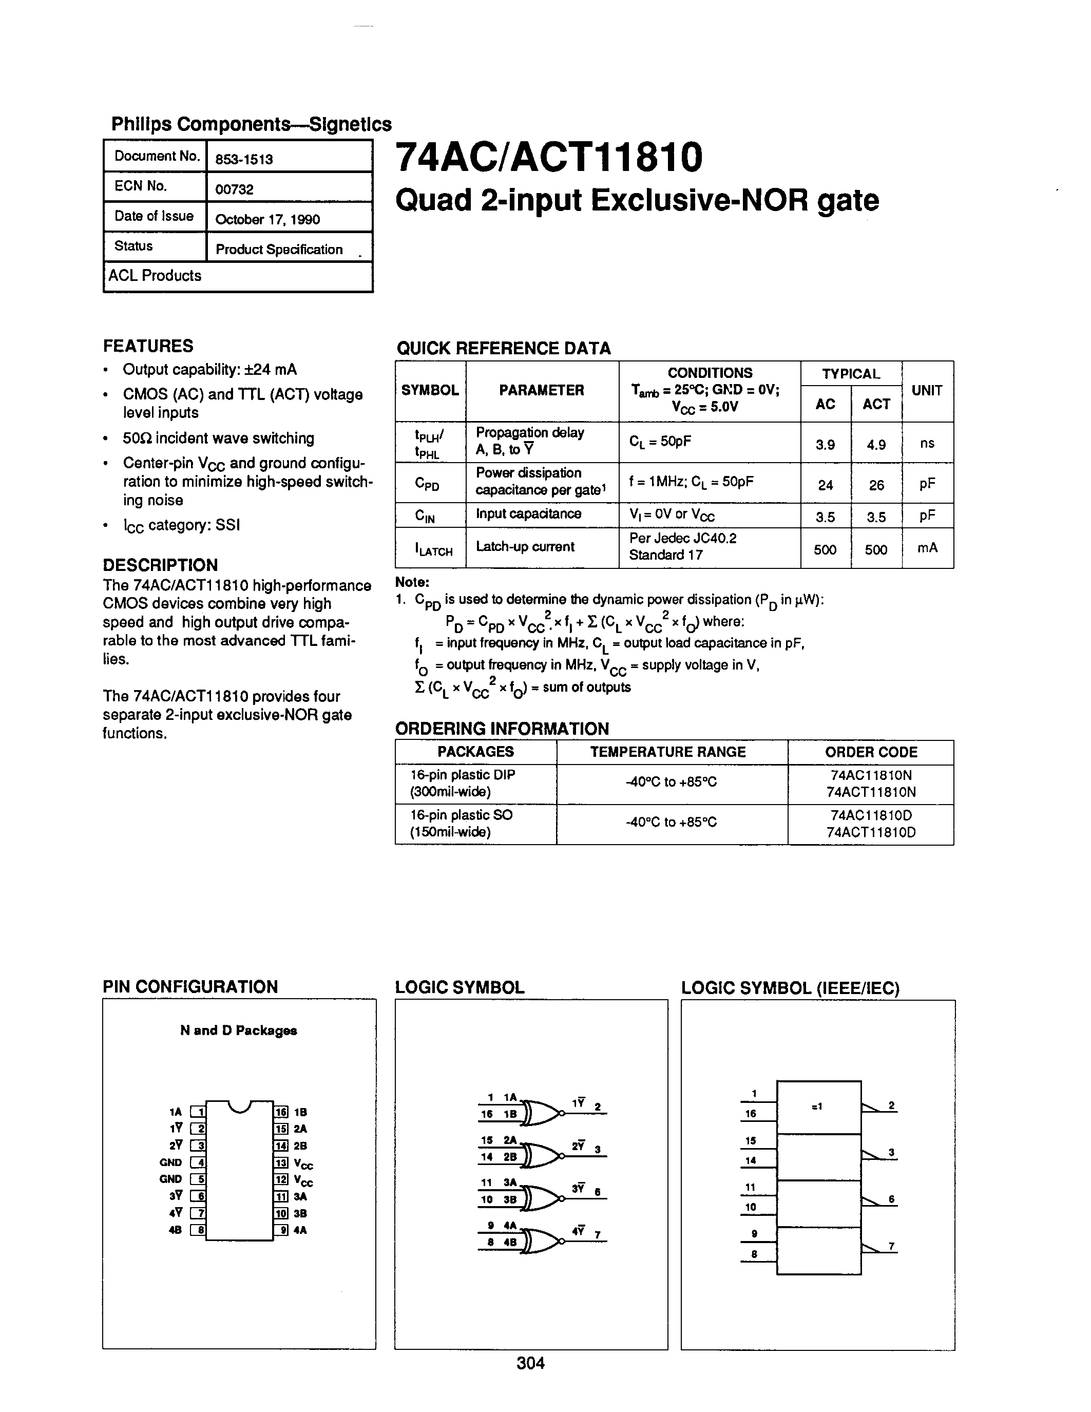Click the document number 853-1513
(x=244, y=159)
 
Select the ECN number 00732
(x=234, y=189)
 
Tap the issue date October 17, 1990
(x=267, y=219)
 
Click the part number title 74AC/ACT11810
(x=548, y=157)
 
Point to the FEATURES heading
(x=148, y=346)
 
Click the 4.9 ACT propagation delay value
(x=876, y=445)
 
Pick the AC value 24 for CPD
(x=826, y=485)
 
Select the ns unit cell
(x=927, y=443)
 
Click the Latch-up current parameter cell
(x=525, y=546)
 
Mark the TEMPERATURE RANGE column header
(x=667, y=752)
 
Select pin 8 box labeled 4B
(x=198, y=1230)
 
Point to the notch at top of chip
(x=240, y=1107)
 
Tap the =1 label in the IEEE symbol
(x=817, y=1106)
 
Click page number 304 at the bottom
(x=531, y=1363)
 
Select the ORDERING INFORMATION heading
(x=502, y=729)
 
